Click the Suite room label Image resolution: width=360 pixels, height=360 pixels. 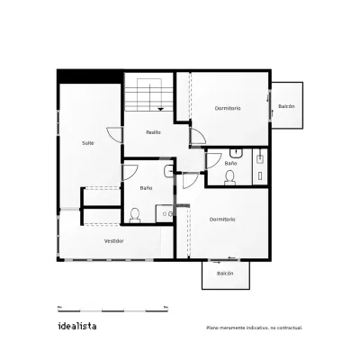[88, 143]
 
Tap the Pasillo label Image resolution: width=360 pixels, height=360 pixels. [153, 132]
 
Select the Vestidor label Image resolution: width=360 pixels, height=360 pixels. [114, 241]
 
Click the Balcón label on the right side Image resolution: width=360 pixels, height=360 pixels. [286, 106]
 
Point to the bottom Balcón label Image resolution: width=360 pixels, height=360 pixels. [225, 274]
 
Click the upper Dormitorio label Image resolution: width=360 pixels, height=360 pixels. [228, 108]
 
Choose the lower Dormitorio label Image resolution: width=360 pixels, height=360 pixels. [222, 220]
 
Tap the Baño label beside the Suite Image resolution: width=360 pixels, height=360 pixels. [146, 188]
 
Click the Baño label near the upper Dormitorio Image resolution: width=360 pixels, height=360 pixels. [230, 164]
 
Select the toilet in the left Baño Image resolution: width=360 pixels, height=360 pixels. [135, 216]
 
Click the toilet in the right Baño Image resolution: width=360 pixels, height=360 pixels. [230, 177]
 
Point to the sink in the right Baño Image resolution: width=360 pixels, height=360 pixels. [237, 153]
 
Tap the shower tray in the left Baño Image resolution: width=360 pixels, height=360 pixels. [165, 214]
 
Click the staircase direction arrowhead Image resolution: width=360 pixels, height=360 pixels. [161, 109]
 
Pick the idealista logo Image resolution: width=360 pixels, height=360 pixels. [77, 326]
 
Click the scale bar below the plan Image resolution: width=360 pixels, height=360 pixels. [112, 309]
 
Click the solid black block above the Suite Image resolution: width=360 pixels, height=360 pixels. [90, 76]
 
